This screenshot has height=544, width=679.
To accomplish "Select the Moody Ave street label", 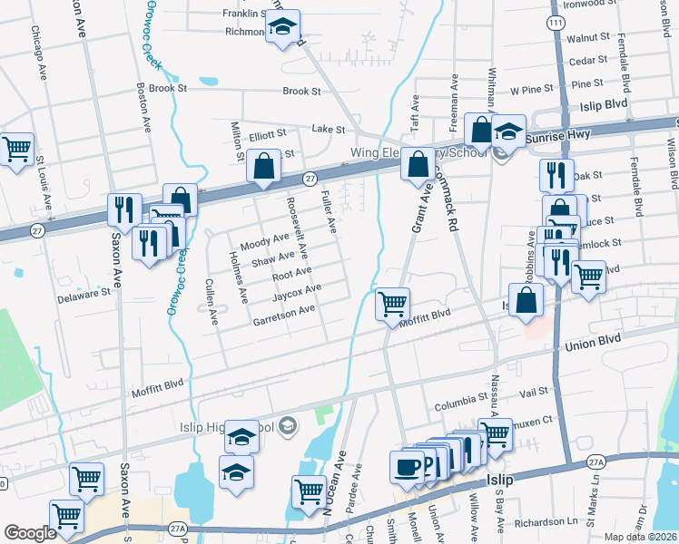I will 263,243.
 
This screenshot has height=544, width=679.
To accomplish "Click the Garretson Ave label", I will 283,315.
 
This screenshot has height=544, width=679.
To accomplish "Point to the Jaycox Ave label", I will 297,292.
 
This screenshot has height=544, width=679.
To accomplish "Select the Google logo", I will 30,533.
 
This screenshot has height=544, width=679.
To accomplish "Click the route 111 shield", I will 556,21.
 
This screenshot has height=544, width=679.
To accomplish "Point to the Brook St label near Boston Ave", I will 168,89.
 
